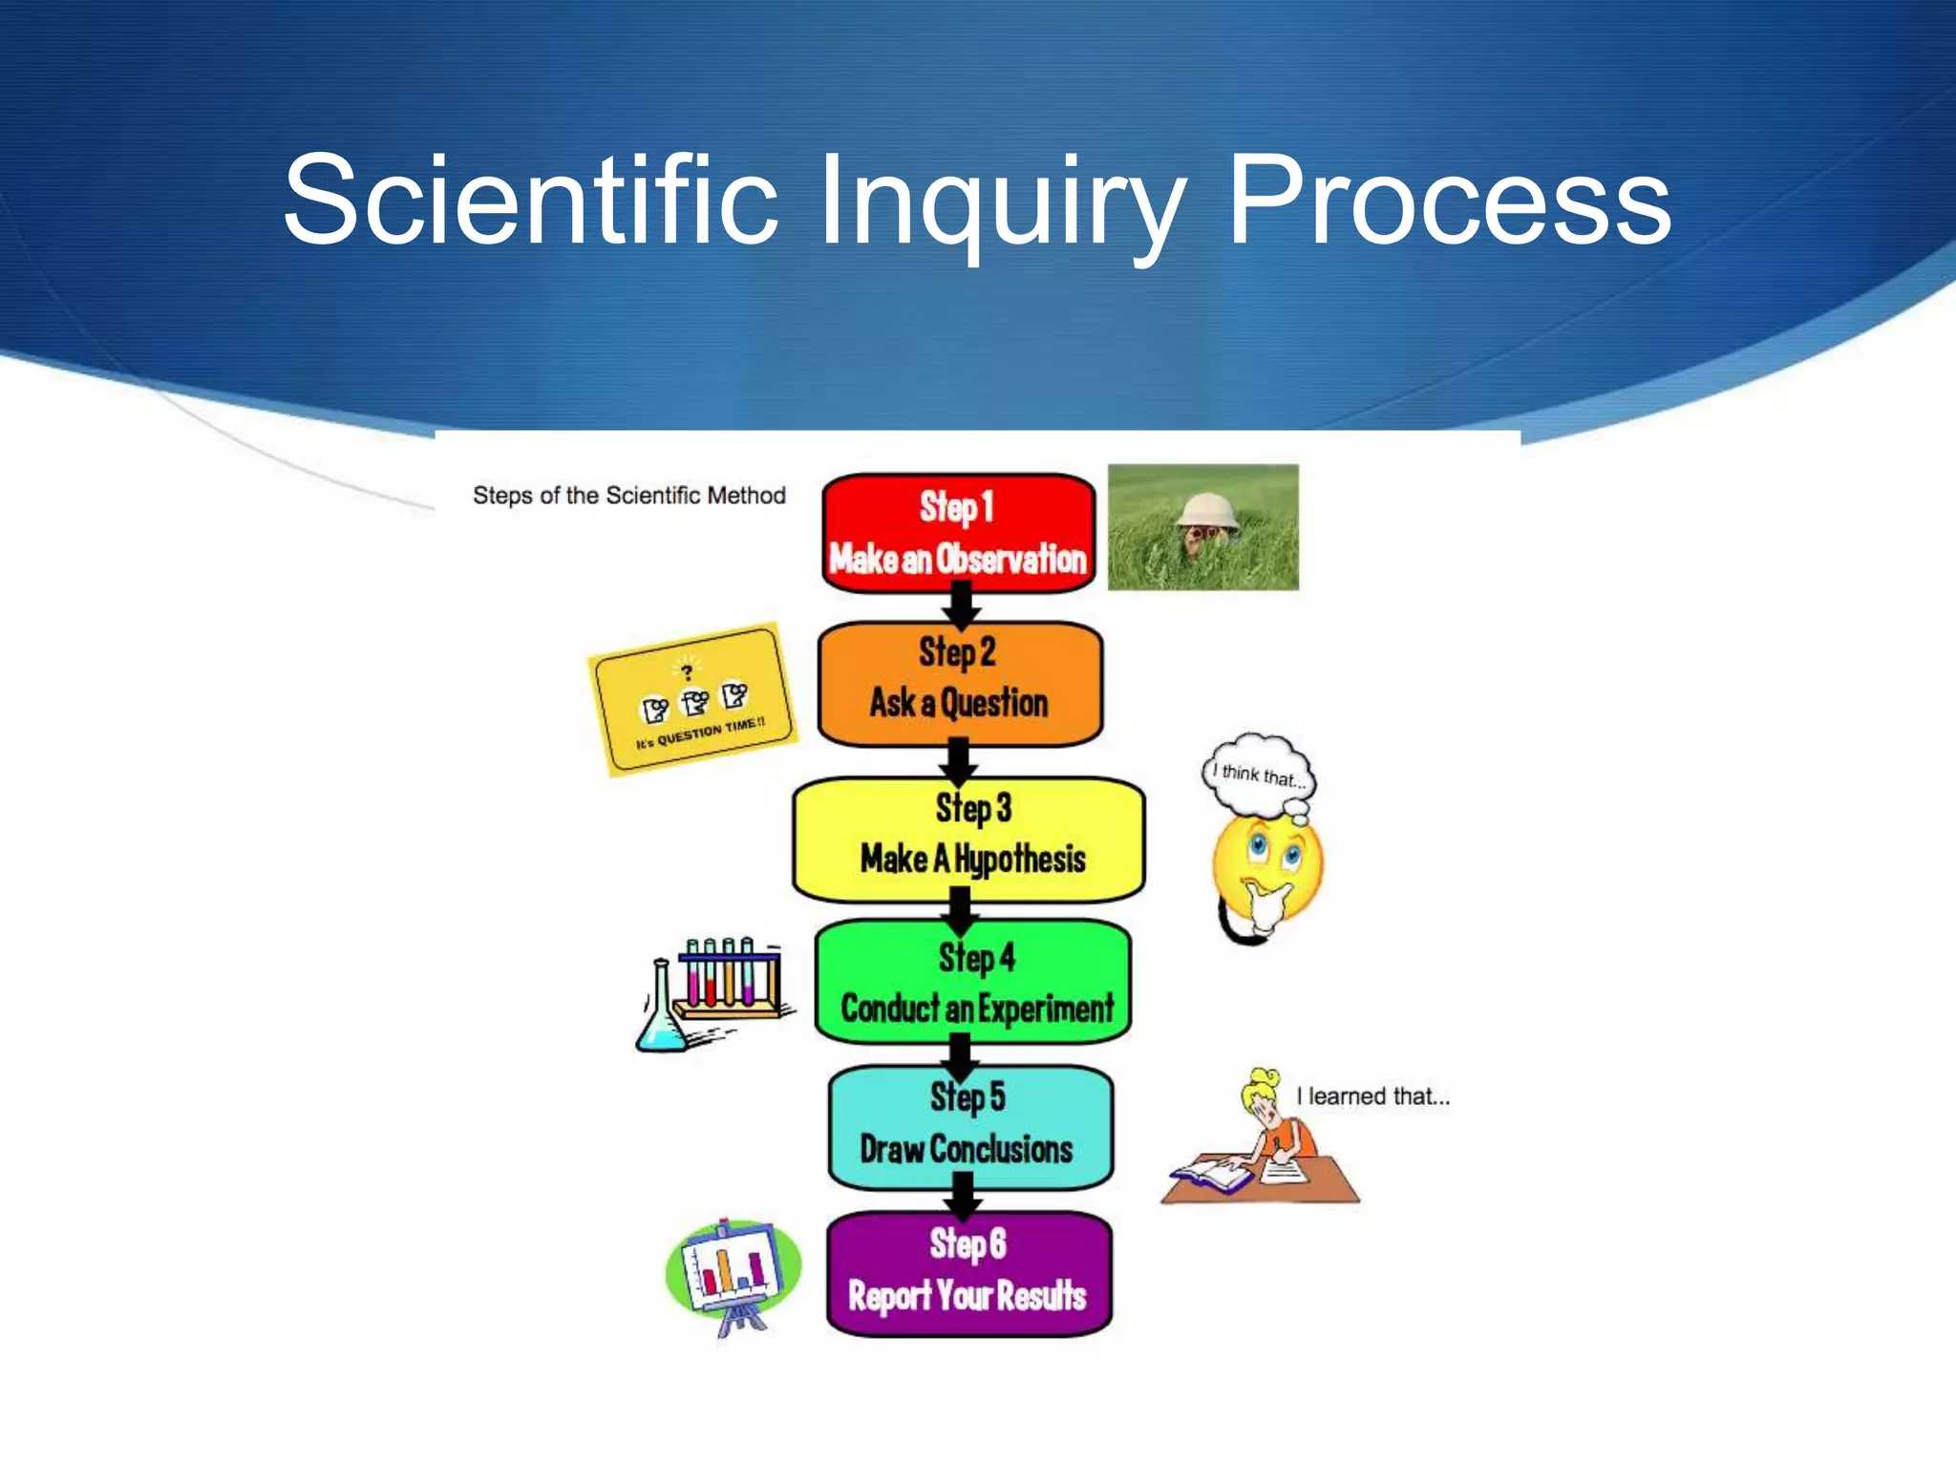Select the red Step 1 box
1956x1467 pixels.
(x=958, y=533)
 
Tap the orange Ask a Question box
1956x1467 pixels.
(x=960, y=683)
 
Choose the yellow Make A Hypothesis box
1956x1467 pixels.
(x=968, y=839)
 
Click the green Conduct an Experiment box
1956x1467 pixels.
(x=973, y=982)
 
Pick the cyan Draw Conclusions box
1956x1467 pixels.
(x=969, y=1127)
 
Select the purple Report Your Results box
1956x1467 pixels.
(x=968, y=1273)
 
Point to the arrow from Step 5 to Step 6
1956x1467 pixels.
(x=964, y=1199)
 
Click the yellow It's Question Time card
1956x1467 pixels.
(x=692, y=699)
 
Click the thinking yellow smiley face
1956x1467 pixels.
(x=1267, y=864)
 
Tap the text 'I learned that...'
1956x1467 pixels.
(x=1372, y=1096)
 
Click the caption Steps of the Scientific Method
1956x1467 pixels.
(x=628, y=495)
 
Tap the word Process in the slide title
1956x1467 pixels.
(x=1447, y=202)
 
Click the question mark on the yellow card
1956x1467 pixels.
(x=686, y=671)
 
